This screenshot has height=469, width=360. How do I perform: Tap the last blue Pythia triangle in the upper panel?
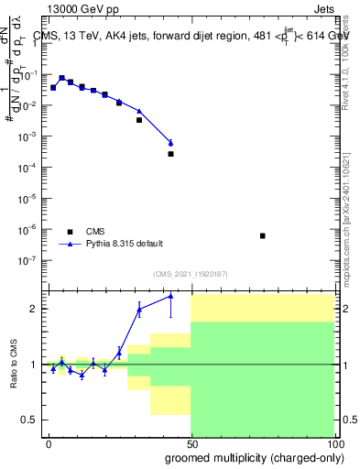tap(170, 142)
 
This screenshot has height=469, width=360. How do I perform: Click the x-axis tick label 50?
tap(191, 442)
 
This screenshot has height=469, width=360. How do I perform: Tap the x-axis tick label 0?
tap(49, 442)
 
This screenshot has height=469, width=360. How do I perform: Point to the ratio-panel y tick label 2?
tap(34, 309)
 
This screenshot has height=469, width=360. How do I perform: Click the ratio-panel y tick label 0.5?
tap(29, 420)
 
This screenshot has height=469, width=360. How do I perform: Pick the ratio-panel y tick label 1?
tap(34, 365)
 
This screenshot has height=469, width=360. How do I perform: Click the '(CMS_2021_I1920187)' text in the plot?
tap(190, 274)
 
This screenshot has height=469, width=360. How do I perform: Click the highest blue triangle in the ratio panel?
tap(170, 296)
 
